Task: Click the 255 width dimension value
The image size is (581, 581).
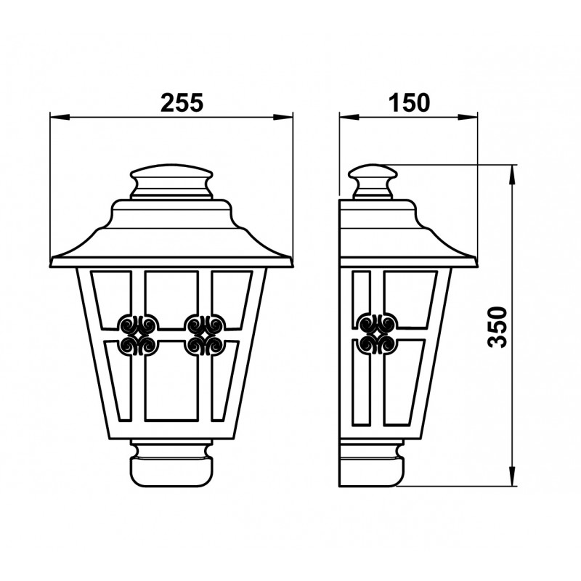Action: [182, 102]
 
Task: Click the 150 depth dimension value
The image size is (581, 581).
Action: [409, 102]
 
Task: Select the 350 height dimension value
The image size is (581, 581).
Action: [497, 327]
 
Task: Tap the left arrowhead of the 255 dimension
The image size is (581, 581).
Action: [60, 117]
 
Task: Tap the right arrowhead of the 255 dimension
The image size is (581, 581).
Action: [283, 117]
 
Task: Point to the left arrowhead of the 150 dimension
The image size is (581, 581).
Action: [349, 117]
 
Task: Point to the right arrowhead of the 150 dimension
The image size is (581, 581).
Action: [467, 117]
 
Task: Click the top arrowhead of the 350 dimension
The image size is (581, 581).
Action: [512, 175]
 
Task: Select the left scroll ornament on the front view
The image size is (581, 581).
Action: [138, 335]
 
